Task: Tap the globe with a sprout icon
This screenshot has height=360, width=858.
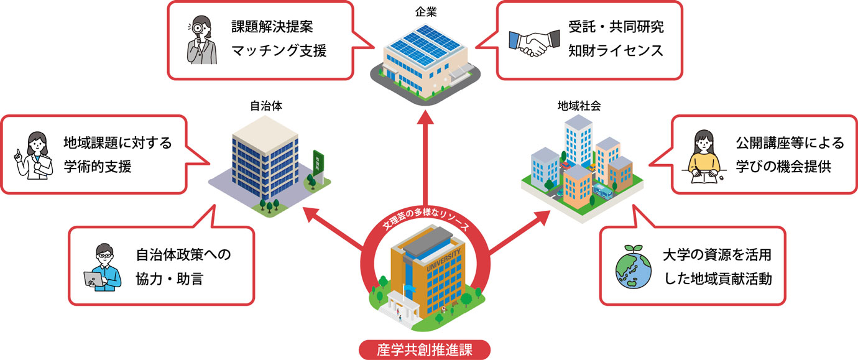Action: [633, 267]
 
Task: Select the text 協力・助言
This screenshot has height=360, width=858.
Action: [169, 279]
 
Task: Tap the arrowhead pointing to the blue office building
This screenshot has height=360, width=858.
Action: [311, 214]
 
